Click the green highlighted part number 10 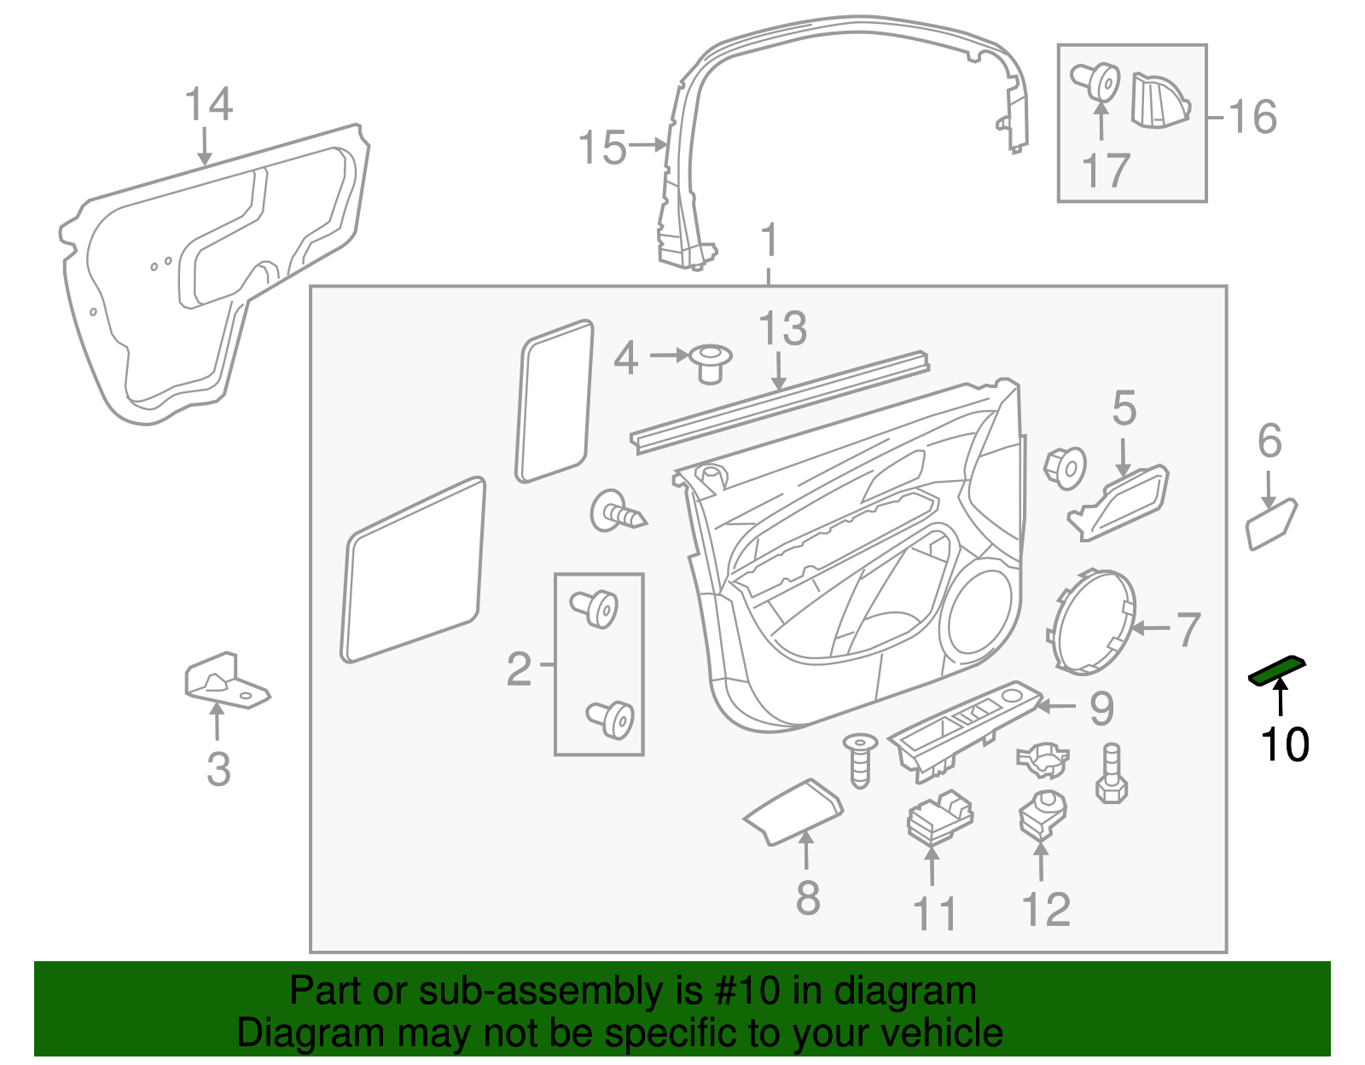1276,671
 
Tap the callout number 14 208,104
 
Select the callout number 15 602,148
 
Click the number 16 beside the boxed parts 1252,117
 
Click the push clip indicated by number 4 710,363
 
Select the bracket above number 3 227,681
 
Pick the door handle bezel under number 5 1118,503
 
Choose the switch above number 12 1043,814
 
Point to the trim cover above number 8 793,812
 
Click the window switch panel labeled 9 966,731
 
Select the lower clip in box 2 610,719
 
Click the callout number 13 782,328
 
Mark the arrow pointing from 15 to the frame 648,145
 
